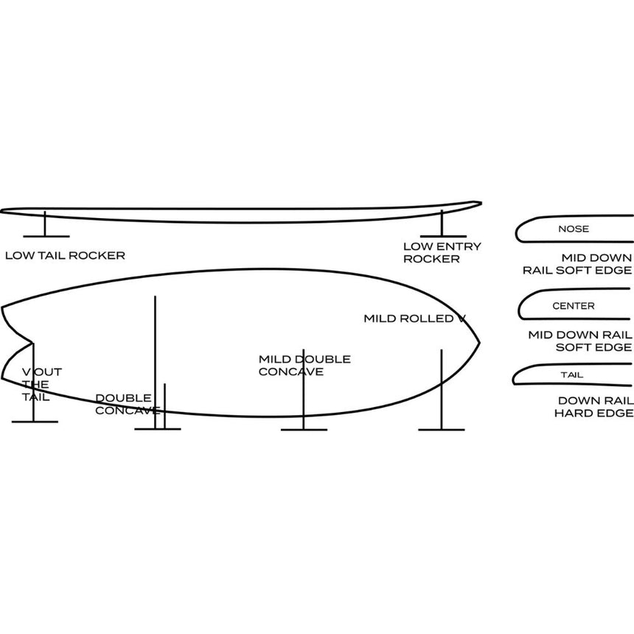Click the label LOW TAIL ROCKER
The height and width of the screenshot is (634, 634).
click(65, 256)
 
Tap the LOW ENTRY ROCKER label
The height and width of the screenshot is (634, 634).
click(442, 253)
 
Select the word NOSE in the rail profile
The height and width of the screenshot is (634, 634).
click(574, 229)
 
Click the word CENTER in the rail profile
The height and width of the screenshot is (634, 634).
click(574, 306)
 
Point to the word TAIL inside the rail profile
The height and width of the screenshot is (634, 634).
click(572, 375)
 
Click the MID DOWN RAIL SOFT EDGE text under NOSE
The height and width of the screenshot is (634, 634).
click(577, 264)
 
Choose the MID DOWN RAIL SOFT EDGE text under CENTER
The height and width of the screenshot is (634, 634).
click(580, 341)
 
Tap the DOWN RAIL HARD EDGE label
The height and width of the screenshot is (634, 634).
click(593, 407)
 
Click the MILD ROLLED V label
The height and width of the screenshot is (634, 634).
click(415, 318)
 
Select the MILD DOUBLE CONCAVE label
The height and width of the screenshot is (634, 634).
click(304, 366)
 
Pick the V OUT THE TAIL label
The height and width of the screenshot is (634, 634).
click(41, 385)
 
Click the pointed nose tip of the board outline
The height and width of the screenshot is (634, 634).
click(479, 344)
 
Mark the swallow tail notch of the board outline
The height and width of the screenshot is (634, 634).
click(32, 343)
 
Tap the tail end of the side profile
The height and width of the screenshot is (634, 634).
click(1, 211)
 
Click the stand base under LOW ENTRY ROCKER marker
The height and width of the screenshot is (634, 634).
click(443, 236)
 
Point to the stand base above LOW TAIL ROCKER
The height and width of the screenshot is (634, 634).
click(46, 236)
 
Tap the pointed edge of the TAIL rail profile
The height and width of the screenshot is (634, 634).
click(514, 381)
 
